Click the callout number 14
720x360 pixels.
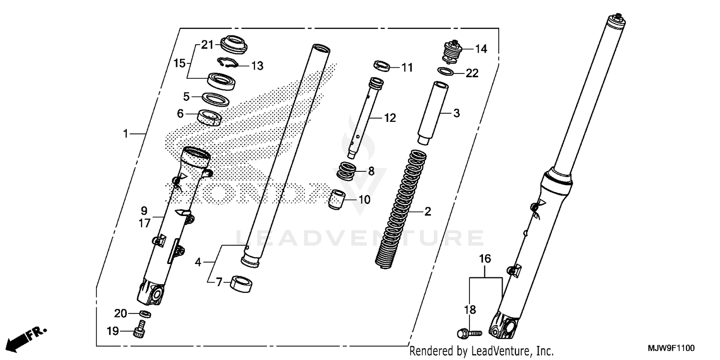[x=481, y=48]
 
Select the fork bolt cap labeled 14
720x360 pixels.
[x=451, y=52]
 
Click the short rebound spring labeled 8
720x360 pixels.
[x=347, y=170]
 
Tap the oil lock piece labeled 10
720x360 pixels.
[x=337, y=199]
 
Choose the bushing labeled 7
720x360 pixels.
[x=242, y=283]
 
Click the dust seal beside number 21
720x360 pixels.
[x=232, y=45]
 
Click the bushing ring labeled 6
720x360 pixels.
[x=210, y=117]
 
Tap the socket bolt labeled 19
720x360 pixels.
[x=140, y=331]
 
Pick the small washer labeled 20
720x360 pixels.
[x=145, y=314]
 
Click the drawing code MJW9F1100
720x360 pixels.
[x=672, y=348]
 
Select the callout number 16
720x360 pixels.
[x=485, y=259]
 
